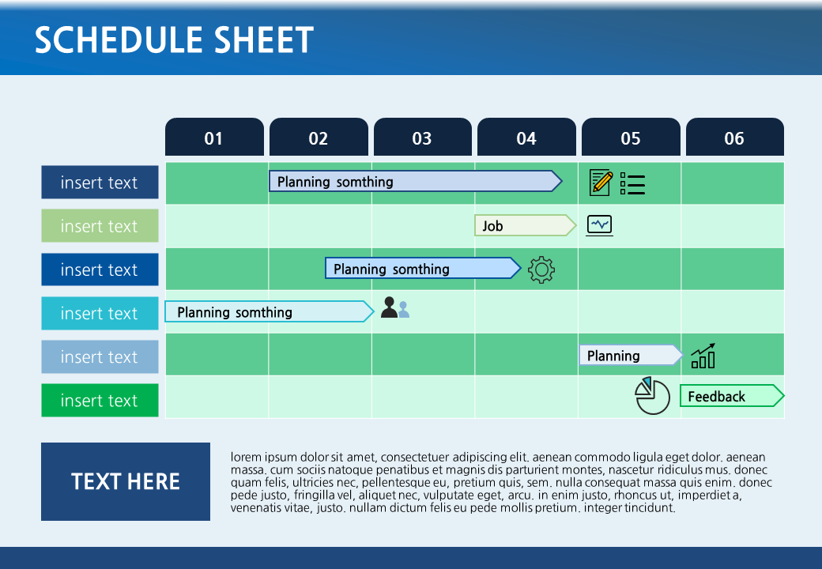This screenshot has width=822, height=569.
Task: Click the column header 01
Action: pyautogui.click(x=214, y=137)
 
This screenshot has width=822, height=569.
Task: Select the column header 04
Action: pyautogui.click(x=526, y=137)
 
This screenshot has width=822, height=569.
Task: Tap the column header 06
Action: pyautogui.click(x=735, y=137)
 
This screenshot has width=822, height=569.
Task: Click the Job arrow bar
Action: pyautogui.click(x=525, y=225)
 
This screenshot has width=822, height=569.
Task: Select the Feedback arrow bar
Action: pyautogui.click(x=732, y=396)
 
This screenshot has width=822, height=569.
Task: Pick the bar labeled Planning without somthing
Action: pyautogui.click(x=631, y=356)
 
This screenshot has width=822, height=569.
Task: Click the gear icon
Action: pyautogui.click(x=541, y=269)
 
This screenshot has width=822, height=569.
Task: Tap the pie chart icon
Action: pyautogui.click(x=652, y=396)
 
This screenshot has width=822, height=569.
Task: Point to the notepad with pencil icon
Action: pyautogui.click(x=601, y=183)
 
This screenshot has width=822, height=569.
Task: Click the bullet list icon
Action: pyautogui.click(x=632, y=183)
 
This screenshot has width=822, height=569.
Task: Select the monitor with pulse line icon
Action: pyautogui.click(x=599, y=225)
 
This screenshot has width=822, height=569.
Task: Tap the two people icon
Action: pyautogui.click(x=395, y=307)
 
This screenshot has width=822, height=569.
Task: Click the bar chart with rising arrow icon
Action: pyautogui.click(x=703, y=356)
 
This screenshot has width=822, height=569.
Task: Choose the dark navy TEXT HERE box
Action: pyautogui.click(x=126, y=481)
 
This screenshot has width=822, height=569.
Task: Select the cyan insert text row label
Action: pyautogui.click(x=100, y=313)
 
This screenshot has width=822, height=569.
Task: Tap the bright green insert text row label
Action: pyautogui.click(x=100, y=401)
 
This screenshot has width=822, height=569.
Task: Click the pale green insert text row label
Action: pyautogui.click(x=100, y=226)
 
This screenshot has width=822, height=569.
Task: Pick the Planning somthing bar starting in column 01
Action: pyautogui.click(x=269, y=311)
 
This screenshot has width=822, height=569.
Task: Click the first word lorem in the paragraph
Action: pyautogui.click(x=246, y=457)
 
